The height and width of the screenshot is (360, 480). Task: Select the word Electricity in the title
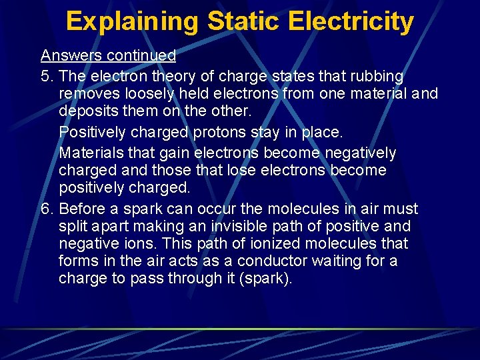click(351, 21)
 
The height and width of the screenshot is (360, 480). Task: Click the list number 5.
click(45, 77)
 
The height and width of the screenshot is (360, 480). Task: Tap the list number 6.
click(45, 209)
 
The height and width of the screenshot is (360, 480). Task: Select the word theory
click(157, 77)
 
